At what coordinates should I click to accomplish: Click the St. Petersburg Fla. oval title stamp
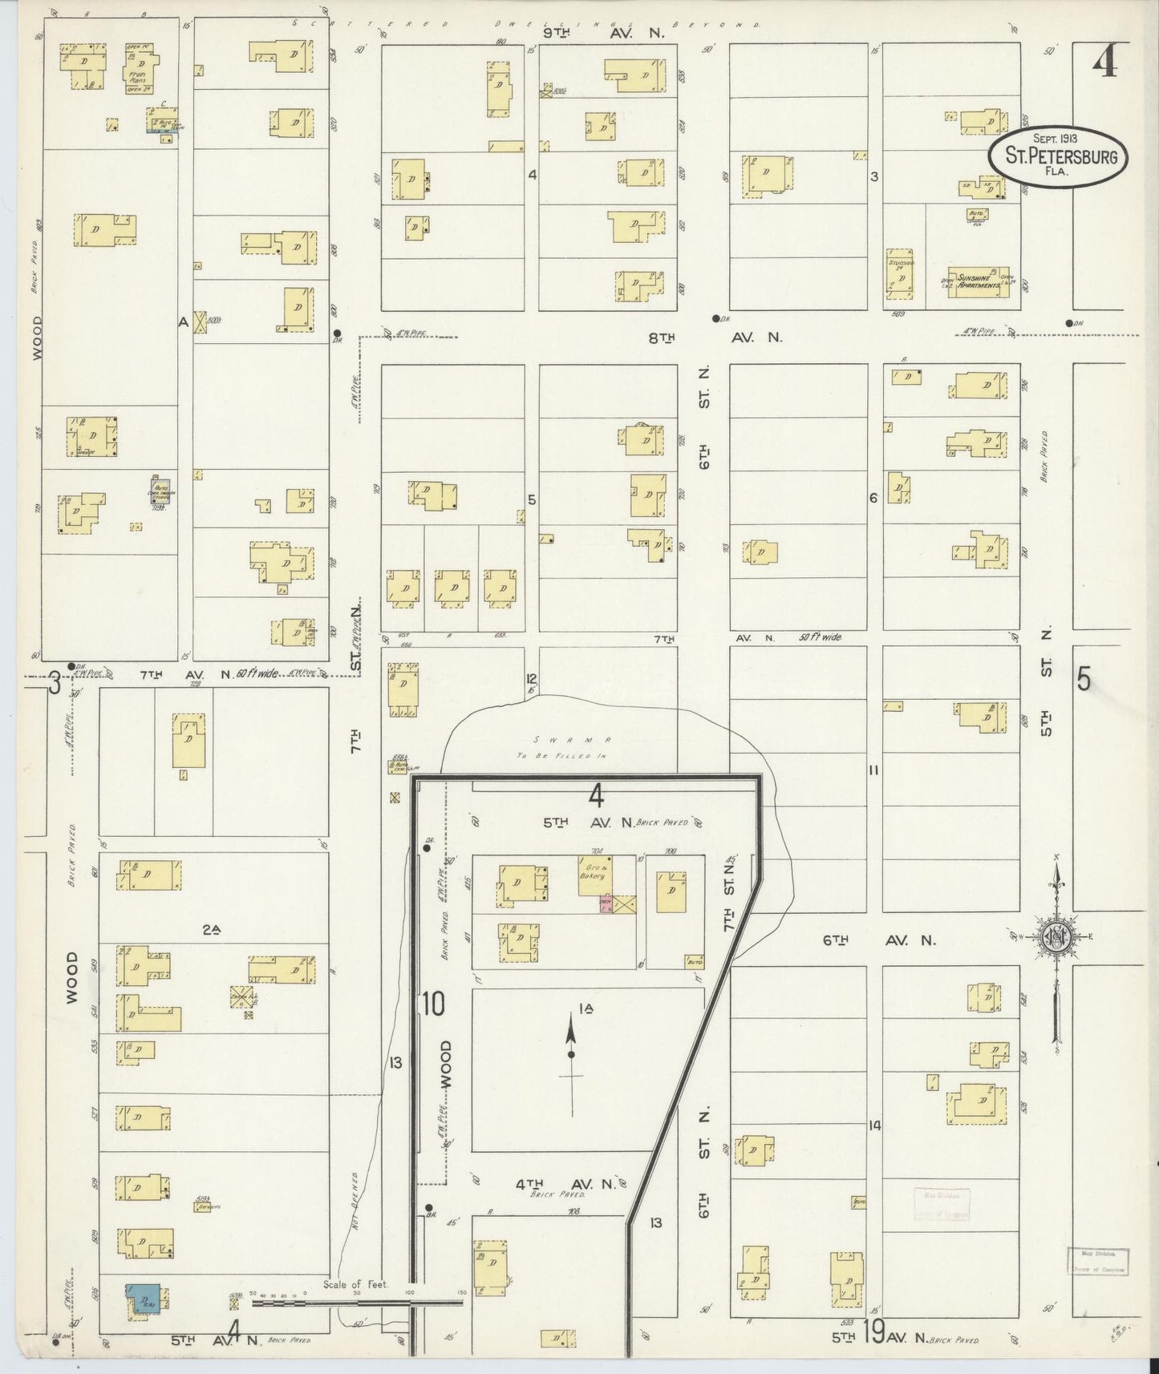pyautogui.click(x=1058, y=157)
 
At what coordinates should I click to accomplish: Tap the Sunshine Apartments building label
pyautogui.click(x=974, y=281)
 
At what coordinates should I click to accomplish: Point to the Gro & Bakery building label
pyautogui.click(x=594, y=871)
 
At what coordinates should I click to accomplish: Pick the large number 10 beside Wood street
pyautogui.click(x=432, y=1004)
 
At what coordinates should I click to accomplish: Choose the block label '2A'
pyautogui.click(x=211, y=930)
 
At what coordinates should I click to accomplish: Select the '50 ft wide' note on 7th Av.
pyautogui.click(x=820, y=637)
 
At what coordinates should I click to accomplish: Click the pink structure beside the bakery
pyautogui.click(x=604, y=904)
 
